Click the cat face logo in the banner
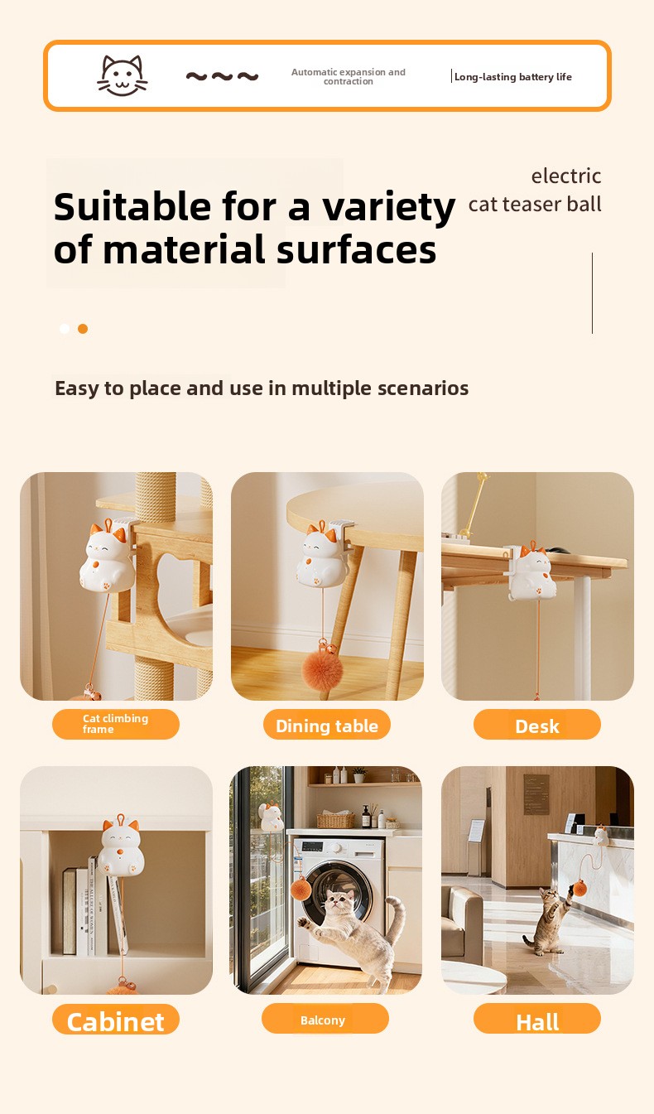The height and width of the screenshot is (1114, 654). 122,75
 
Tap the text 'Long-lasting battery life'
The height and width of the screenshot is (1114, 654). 513,76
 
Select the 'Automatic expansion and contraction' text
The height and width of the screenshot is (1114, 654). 349,76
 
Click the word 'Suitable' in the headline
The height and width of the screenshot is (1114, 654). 132,206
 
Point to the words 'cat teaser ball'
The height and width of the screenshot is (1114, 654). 535,204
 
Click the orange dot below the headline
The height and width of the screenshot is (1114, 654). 83,329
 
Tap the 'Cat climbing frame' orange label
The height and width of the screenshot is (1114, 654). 116,724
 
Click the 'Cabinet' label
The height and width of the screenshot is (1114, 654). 116,1019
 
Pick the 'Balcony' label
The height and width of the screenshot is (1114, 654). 325,1018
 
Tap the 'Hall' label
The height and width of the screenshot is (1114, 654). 537,1019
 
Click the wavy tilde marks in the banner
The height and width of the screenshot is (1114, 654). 222,76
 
